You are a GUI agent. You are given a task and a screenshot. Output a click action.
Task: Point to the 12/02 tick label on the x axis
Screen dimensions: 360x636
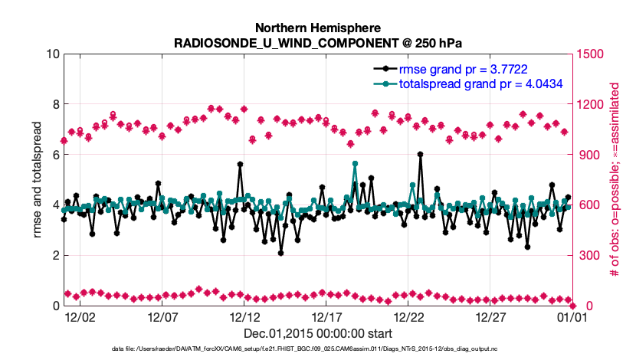tap(80, 316)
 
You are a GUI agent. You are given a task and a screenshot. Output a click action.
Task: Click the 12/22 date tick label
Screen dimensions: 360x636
tap(409, 316)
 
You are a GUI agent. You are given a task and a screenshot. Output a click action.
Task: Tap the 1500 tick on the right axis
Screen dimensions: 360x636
tap(591, 54)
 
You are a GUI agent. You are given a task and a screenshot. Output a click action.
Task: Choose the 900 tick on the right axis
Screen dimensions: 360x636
tap(588, 155)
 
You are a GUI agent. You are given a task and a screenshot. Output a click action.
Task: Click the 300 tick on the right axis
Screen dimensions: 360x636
tap(588, 255)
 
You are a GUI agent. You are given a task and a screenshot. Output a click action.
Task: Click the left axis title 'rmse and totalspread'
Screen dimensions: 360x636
tap(38, 180)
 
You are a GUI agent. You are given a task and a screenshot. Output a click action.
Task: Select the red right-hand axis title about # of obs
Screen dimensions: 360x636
tap(613, 180)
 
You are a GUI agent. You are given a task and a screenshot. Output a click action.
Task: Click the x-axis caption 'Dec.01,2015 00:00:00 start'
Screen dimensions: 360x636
tap(318, 333)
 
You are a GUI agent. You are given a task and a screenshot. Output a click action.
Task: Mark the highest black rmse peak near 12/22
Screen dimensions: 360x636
tap(421, 154)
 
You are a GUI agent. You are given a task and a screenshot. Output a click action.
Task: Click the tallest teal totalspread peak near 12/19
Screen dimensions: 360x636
tap(355, 163)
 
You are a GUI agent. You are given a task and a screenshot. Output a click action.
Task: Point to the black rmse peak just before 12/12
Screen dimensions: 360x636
tap(240, 164)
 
